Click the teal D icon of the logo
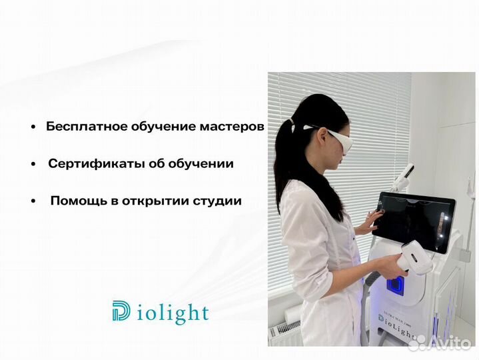122,311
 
